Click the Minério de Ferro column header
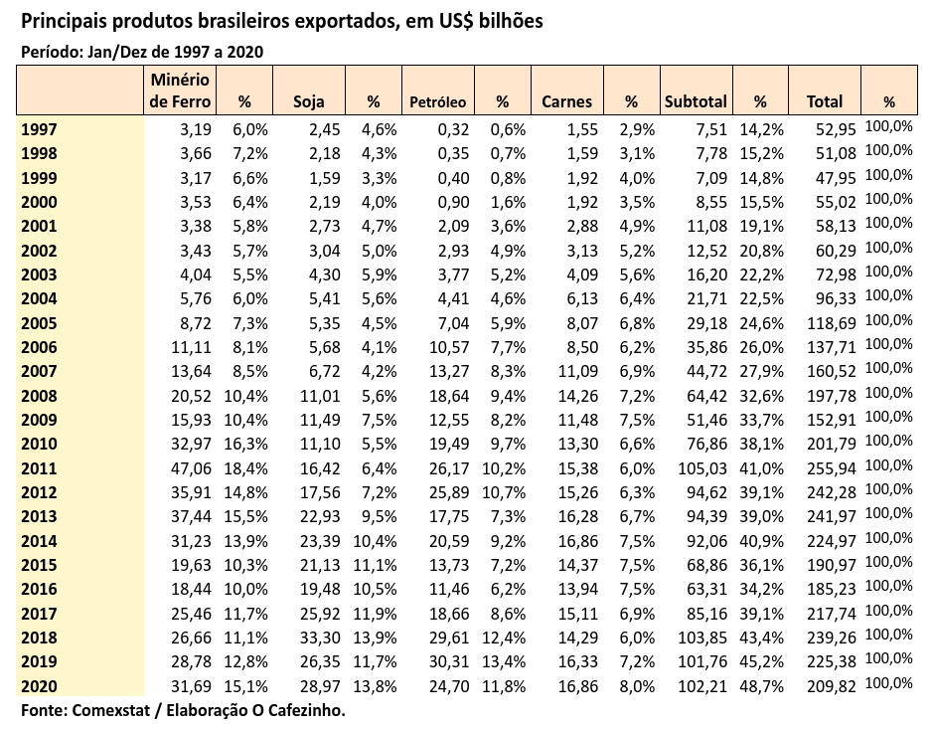[178, 90]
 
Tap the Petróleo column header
[438, 101]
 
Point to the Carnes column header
[566, 101]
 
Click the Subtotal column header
[696, 101]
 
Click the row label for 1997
[38, 128]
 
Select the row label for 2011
[38, 467]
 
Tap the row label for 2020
[38, 685]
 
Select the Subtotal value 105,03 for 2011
[702, 467]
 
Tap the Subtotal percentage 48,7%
[761, 685]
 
